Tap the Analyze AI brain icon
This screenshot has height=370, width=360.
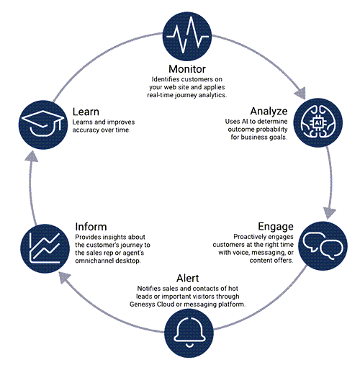[318, 122]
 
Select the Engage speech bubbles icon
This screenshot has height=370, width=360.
[323, 246]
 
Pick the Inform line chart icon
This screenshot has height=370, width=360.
[45, 248]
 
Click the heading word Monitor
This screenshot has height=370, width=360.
[187, 69]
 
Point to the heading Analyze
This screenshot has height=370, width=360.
[269, 112]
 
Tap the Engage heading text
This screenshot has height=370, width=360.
[276, 227]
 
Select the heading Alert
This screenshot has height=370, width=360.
[187, 279]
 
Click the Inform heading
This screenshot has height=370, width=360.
[91, 227]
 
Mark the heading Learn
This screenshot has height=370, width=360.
[86, 112]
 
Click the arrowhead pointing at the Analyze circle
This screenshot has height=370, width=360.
[301, 93]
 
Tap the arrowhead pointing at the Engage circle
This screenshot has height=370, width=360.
[329, 212]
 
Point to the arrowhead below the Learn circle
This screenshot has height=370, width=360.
[32, 156]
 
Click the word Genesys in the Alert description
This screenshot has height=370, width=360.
[142, 304]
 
